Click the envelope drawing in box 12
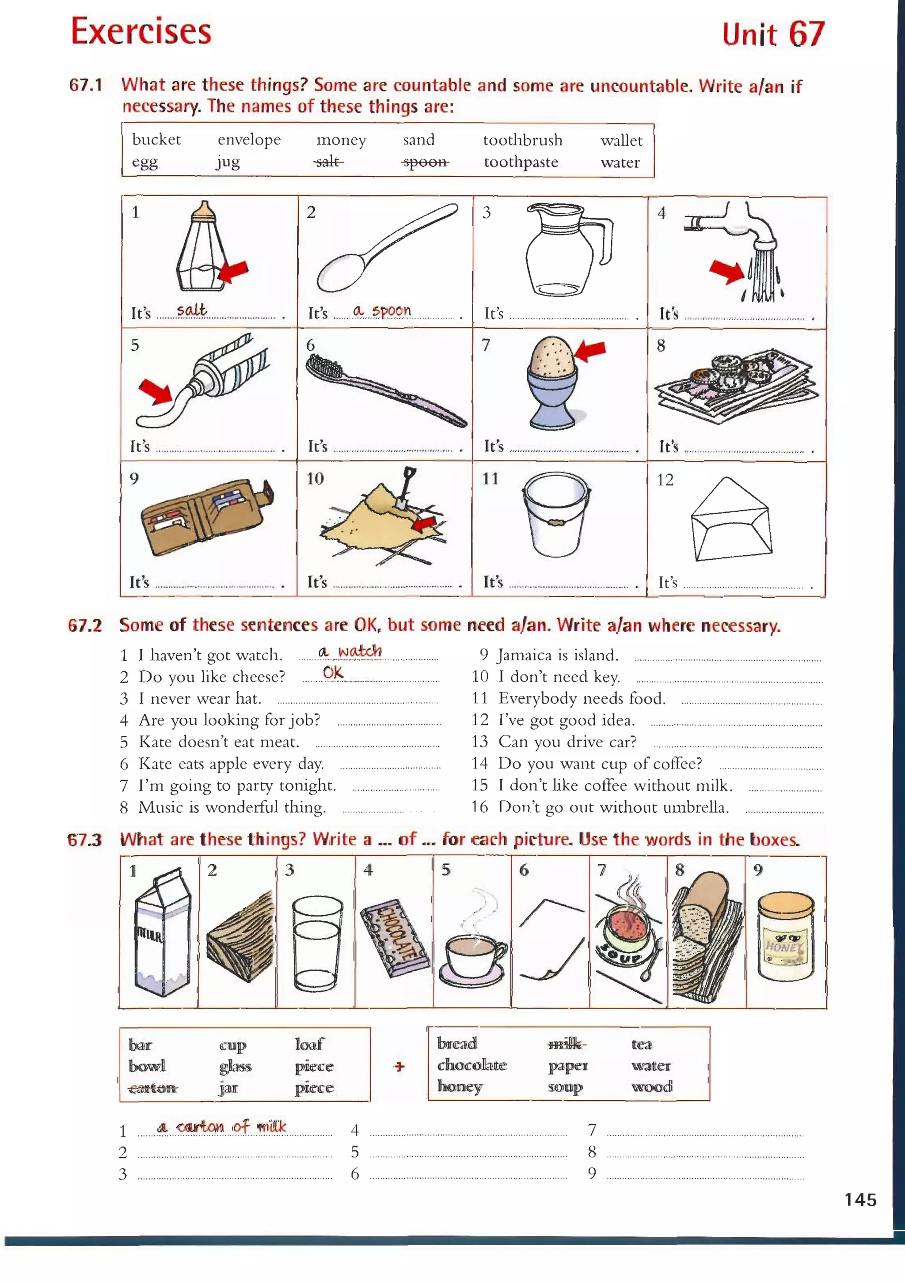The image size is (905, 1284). click(x=731, y=520)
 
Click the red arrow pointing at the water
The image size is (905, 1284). click(x=726, y=272)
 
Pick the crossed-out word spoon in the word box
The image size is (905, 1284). click(x=425, y=162)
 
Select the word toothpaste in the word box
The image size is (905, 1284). click(x=521, y=162)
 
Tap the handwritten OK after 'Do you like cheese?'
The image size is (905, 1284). click(x=333, y=673)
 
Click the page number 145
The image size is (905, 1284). click(x=860, y=1200)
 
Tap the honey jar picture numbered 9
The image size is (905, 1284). click(x=785, y=937)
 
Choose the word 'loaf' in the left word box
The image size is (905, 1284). click(x=309, y=1044)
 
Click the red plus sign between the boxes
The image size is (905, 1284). click(x=399, y=1066)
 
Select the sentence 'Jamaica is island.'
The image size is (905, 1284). click(x=558, y=655)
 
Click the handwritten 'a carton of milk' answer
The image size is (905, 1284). click(x=222, y=1127)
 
